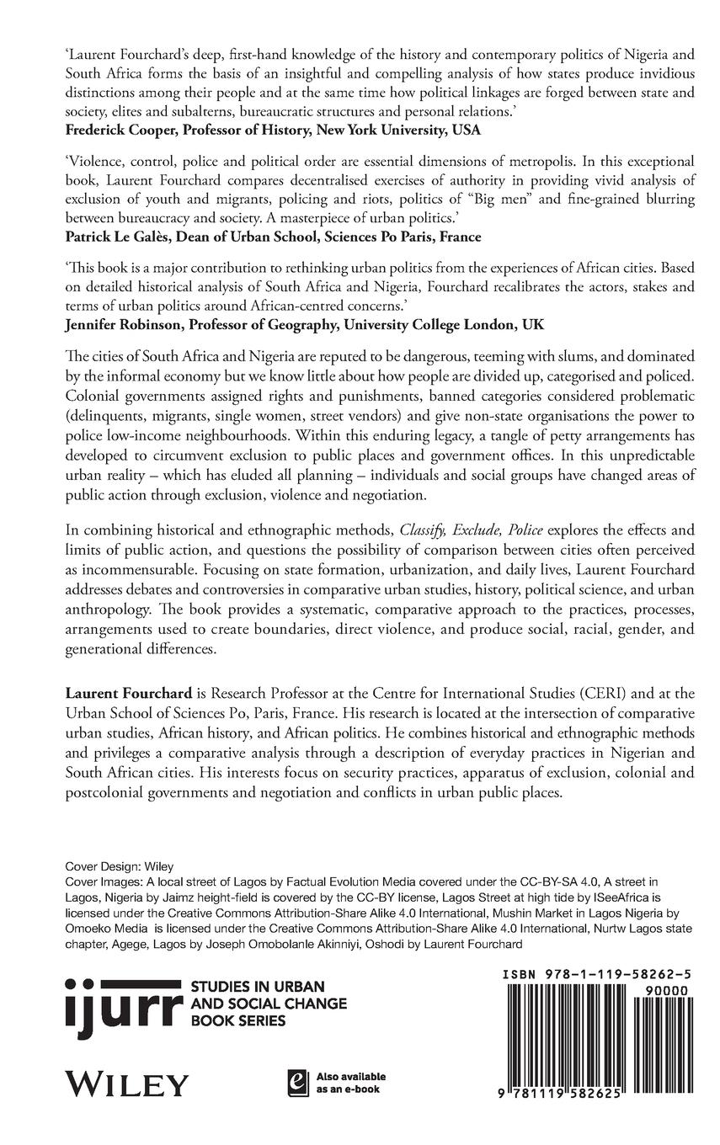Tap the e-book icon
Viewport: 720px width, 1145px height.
pyautogui.click(x=296, y=1081)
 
